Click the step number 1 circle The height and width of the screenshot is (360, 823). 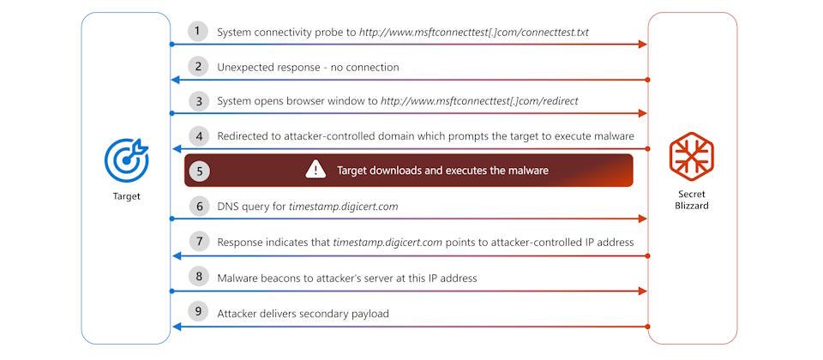tap(197, 31)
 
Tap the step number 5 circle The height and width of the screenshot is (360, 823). tap(199, 171)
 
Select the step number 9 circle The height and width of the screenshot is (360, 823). tap(198, 312)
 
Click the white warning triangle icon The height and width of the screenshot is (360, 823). tap(316, 170)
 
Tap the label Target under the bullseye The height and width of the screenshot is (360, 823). tap(127, 197)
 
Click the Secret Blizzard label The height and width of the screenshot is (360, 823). tap(691, 200)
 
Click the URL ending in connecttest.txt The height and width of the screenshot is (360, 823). tap(474, 33)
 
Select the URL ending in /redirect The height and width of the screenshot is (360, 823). tap(479, 101)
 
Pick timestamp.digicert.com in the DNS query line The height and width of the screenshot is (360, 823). tap(343, 207)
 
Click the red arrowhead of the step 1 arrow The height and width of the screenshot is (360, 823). tap(642, 44)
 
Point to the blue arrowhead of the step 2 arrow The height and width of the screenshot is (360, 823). tap(177, 80)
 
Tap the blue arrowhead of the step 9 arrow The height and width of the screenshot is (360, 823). tap(177, 327)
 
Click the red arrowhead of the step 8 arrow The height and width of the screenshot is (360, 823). tap(642, 291)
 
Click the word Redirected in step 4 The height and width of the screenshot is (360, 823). tap(243, 136)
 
